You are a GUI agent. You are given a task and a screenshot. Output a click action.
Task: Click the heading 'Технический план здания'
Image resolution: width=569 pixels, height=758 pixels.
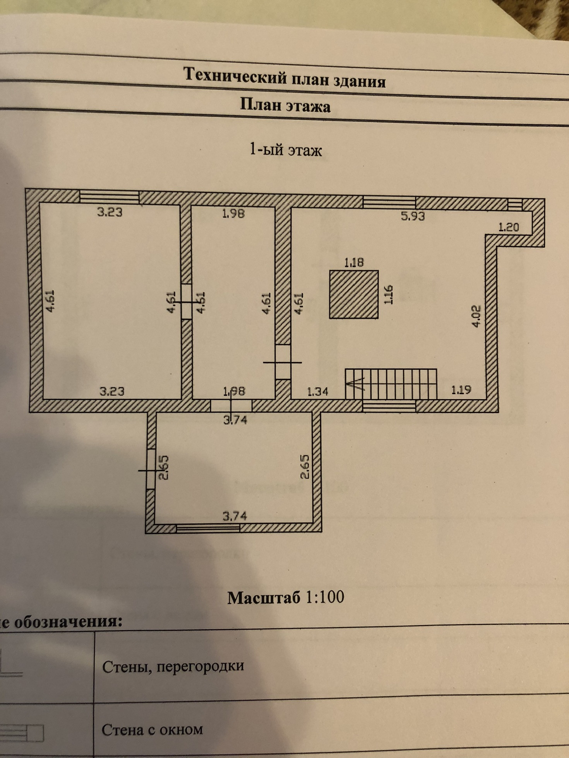(x=284, y=78)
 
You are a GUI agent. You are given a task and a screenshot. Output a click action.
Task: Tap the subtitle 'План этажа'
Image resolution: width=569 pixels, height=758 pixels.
(x=285, y=105)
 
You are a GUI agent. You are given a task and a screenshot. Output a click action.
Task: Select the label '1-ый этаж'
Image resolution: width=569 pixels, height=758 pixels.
(x=286, y=150)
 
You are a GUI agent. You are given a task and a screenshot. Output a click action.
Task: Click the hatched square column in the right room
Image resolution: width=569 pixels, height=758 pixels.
(x=354, y=294)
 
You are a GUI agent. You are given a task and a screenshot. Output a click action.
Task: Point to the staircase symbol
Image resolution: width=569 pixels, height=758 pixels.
(x=391, y=384)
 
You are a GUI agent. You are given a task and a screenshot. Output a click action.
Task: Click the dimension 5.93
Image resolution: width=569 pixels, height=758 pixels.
(x=413, y=216)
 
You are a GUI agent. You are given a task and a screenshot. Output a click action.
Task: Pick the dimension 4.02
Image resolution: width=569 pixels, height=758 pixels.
(x=476, y=316)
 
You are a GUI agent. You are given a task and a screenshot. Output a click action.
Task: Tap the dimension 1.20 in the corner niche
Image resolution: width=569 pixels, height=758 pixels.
(x=508, y=227)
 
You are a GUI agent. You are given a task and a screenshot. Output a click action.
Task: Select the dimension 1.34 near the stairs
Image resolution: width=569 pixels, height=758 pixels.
(x=317, y=392)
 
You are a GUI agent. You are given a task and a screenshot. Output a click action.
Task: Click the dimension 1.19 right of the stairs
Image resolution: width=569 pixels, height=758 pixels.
(x=461, y=390)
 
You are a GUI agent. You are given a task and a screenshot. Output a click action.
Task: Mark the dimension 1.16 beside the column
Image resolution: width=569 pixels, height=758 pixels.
(x=389, y=295)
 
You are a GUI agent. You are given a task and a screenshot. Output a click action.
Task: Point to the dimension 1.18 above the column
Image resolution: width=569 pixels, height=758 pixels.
(x=354, y=263)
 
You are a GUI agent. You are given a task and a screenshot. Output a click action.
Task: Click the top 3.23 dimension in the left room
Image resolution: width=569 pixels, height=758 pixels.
(x=110, y=212)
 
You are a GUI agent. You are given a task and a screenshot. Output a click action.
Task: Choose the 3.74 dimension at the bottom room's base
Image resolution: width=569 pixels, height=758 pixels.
(x=235, y=516)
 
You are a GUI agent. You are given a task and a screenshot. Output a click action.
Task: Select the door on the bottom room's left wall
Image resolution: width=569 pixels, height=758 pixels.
(x=150, y=469)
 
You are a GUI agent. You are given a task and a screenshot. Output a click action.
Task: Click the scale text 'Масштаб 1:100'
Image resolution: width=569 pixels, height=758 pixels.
(x=286, y=598)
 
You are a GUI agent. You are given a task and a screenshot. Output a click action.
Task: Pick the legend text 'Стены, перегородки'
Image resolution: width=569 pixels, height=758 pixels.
(x=173, y=666)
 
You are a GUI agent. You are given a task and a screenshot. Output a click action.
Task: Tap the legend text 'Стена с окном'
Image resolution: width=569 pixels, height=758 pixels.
(x=152, y=730)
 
